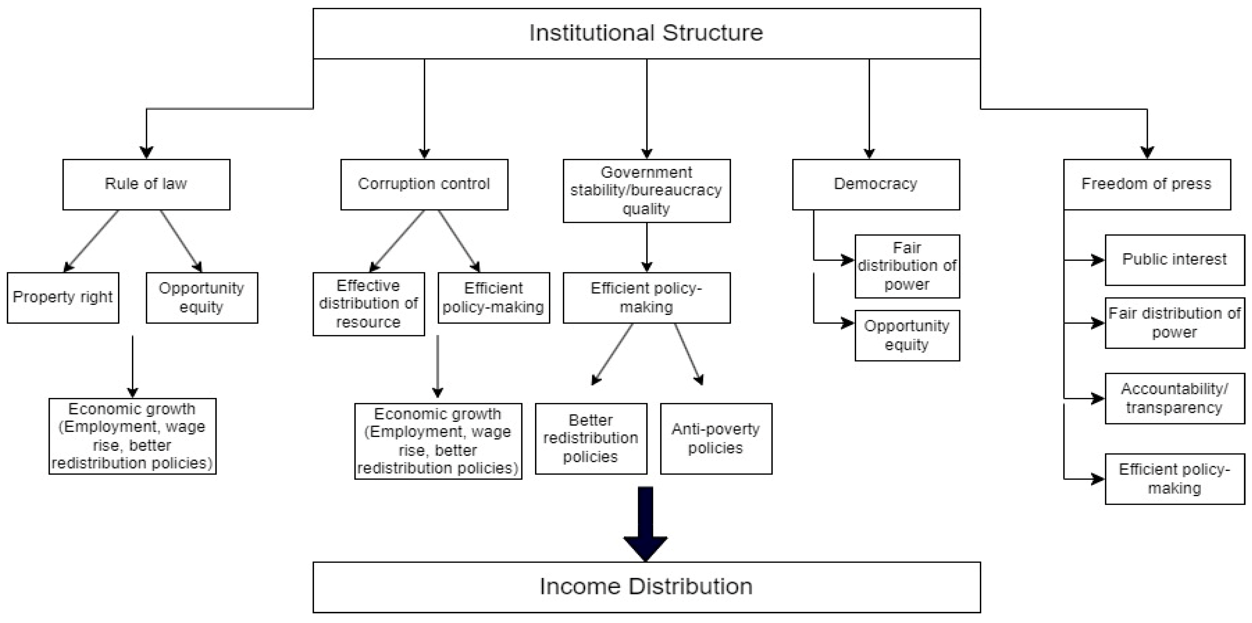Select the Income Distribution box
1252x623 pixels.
647,587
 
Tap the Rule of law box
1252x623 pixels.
146,184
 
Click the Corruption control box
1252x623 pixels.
424,184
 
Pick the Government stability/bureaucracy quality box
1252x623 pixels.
647,191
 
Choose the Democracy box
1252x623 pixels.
876,184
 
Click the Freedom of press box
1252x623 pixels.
1147,184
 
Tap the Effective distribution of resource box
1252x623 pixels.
368,303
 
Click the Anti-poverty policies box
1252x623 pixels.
716,438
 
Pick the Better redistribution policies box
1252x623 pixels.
591,438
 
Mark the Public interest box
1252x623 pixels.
1175,260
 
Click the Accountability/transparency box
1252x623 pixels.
1175,398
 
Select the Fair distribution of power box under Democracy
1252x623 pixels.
907,266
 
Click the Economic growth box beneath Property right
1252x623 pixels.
132,436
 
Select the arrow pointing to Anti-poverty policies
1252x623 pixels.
687,352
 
